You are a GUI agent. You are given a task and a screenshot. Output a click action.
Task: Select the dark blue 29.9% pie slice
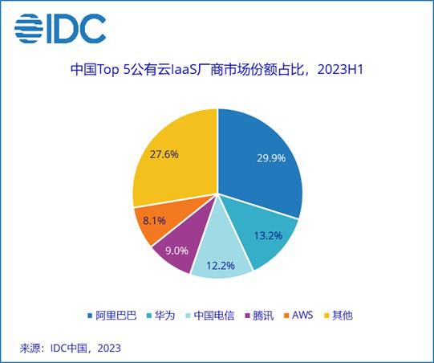(261, 161)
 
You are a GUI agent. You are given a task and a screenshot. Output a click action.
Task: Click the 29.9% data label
(270, 158)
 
